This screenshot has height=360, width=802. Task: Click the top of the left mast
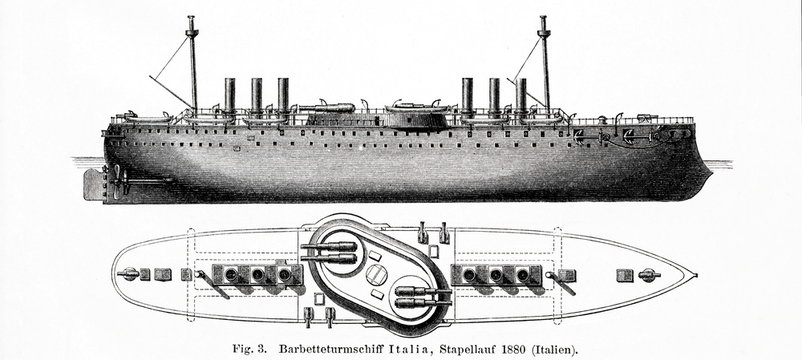click(x=191, y=19)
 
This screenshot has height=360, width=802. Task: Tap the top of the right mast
click(x=544, y=19)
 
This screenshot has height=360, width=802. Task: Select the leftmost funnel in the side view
click(x=229, y=95)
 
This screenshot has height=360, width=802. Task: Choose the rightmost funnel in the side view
click(x=521, y=95)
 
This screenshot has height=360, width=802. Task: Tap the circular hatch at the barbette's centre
click(x=374, y=272)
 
